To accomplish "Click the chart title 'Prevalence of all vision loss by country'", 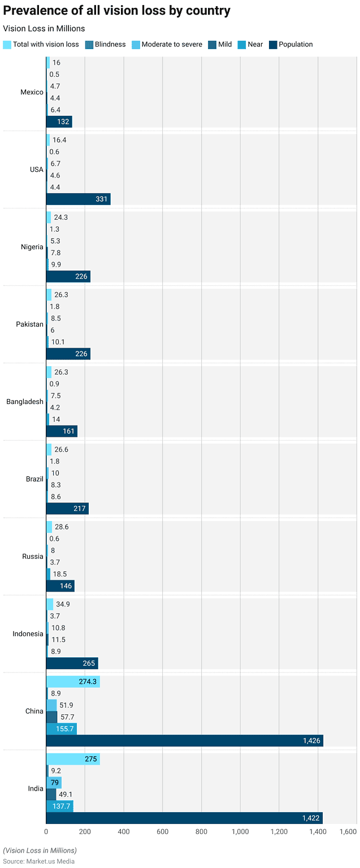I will click(116, 11).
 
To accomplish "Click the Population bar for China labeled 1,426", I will click(184, 740).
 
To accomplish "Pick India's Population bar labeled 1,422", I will click(184, 818).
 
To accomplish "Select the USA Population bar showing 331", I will click(78, 199).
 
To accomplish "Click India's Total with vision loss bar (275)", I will click(73, 759).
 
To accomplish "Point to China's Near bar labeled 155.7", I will click(61, 728).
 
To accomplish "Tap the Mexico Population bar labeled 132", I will click(59, 121).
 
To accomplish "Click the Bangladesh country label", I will click(25, 402).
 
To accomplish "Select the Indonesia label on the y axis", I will click(28, 634).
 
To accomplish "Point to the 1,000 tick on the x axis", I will click(240, 832).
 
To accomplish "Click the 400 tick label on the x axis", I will click(124, 832).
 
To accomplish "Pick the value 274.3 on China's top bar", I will click(88, 682).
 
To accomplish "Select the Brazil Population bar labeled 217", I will click(67, 509).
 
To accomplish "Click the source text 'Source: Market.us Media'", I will click(38, 861).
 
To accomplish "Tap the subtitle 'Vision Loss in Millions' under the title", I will click(44, 28).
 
